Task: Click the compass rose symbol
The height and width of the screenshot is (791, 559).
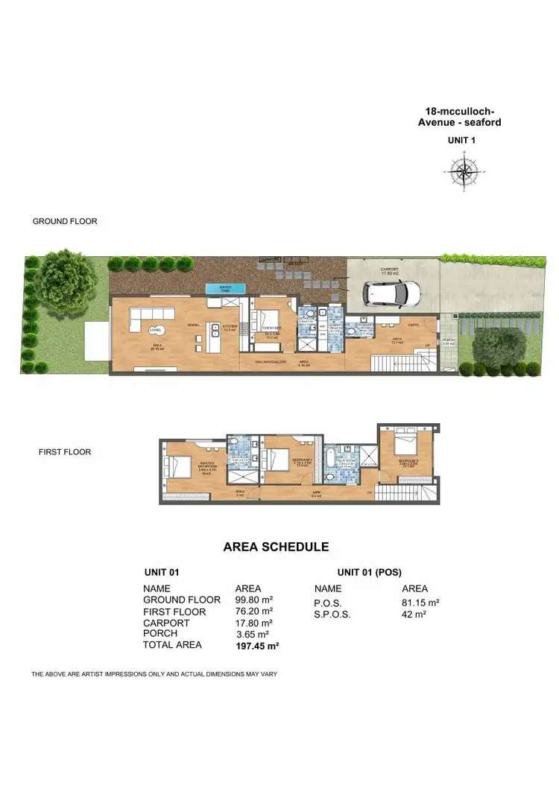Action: pos(464,171)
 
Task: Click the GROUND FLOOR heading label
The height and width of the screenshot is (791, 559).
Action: pos(65,221)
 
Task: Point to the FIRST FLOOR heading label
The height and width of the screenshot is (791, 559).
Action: pos(65,451)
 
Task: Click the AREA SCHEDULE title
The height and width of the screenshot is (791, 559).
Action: pos(276,547)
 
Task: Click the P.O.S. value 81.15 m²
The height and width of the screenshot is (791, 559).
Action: pos(420,602)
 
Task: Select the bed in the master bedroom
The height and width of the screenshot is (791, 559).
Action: pos(181,467)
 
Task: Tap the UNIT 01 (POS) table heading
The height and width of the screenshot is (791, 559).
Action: pos(369,572)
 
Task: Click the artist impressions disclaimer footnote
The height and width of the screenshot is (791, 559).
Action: pos(154,674)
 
